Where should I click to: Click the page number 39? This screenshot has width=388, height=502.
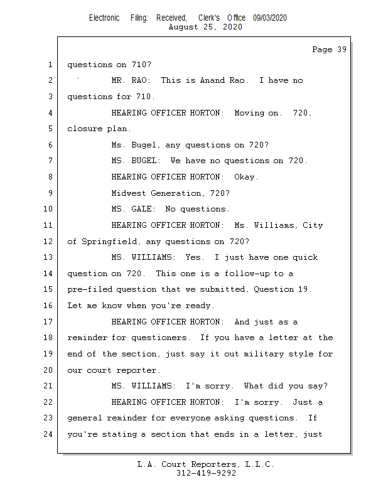(342, 50)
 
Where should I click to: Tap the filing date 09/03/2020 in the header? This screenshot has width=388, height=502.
(270, 18)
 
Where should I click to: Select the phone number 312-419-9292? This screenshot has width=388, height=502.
(206, 473)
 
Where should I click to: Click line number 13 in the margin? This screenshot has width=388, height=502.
(48, 257)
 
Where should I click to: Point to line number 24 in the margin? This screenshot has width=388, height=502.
(48, 434)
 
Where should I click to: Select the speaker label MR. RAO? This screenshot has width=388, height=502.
(131, 80)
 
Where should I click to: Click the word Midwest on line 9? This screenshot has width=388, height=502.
(129, 193)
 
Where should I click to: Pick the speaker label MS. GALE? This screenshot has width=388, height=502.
(133, 209)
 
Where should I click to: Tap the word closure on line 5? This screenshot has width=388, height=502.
(85, 129)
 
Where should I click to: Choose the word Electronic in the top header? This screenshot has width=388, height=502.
(104, 18)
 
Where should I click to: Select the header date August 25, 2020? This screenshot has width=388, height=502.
(205, 27)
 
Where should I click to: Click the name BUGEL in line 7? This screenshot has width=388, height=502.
(145, 161)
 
